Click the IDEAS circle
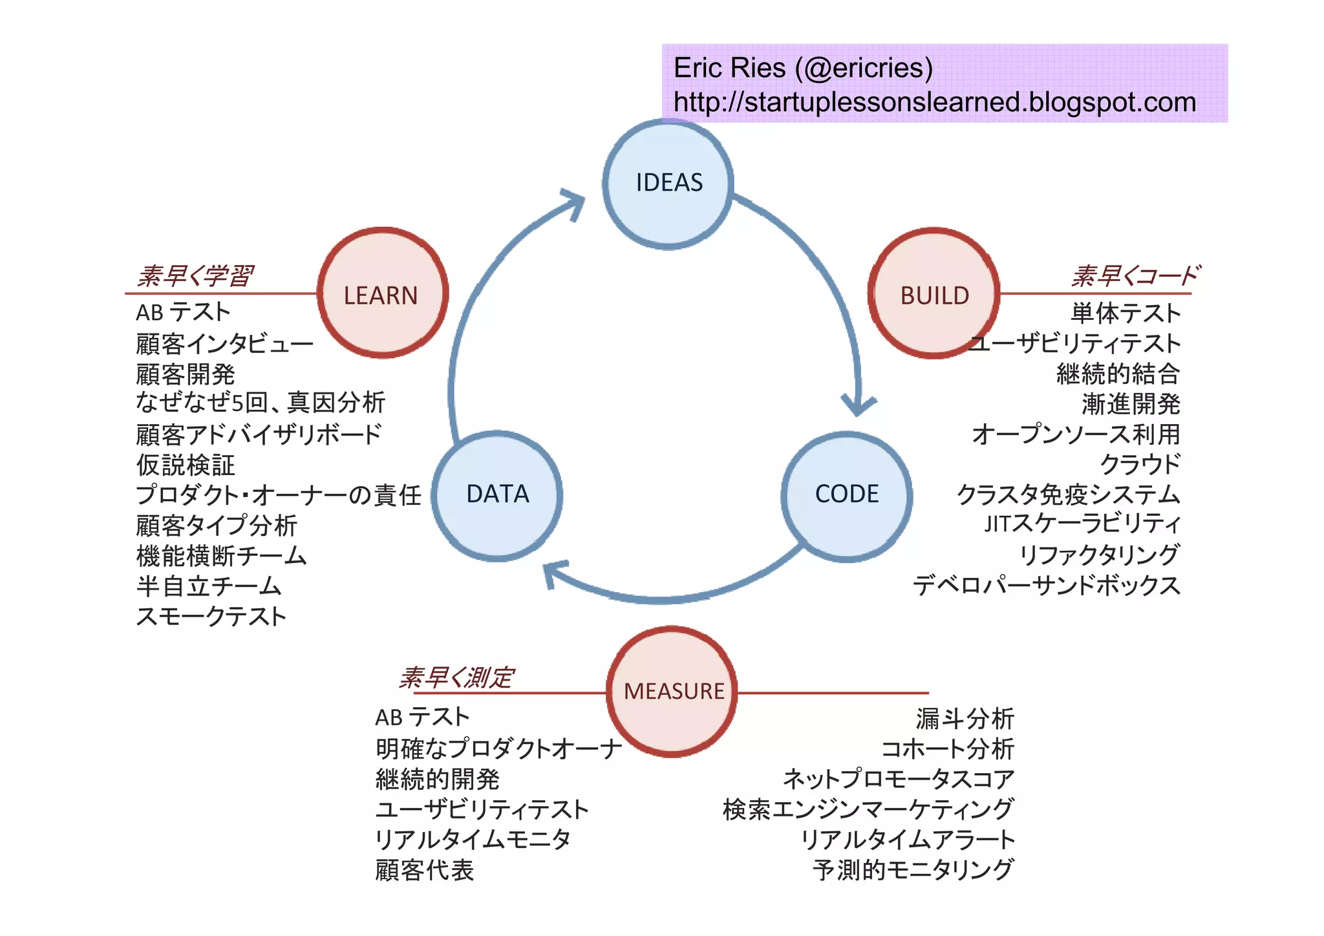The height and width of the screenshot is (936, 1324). tap(668, 184)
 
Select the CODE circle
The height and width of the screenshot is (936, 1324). tap(846, 495)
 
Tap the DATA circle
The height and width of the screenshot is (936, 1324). tap(496, 495)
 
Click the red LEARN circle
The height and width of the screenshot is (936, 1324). tap(382, 293)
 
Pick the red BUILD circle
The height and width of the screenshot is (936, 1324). tap(934, 293)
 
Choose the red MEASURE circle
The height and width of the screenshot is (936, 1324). tap(672, 691)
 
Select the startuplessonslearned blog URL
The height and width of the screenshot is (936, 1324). tap(934, 102)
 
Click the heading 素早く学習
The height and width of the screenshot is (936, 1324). tap(194, 276)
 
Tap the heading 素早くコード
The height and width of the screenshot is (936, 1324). tap(1135, 276)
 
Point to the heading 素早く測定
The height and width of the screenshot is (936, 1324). tap(456, 677)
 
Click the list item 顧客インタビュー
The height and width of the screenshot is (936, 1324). tap(224, 344)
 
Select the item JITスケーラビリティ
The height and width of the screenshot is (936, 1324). tap(1082, 524)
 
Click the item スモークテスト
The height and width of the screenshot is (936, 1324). tap(211, 617)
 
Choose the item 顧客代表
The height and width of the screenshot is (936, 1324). tap(424, 870)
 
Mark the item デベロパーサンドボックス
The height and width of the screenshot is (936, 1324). tap(1046, 586)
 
